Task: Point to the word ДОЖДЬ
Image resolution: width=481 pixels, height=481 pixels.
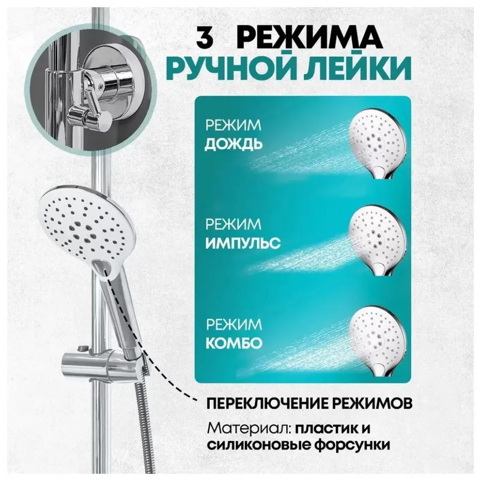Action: pos(234,144)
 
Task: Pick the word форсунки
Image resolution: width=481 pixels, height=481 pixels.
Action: pos(356,446)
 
